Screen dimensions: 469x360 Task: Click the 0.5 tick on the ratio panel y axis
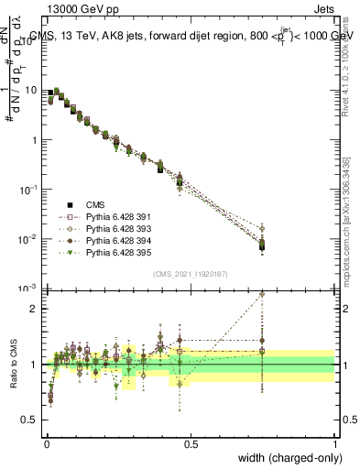pyautogui.click(x=31, y=421)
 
